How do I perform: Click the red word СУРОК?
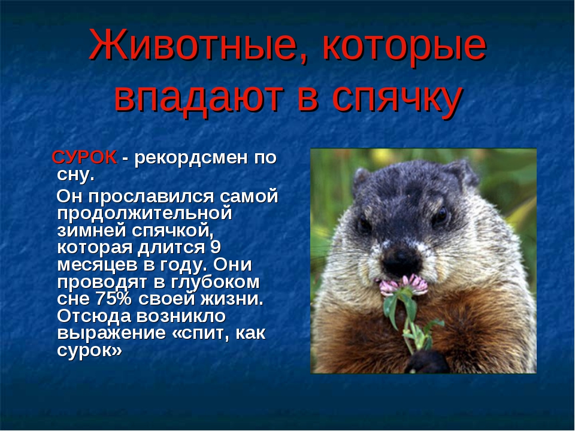pos(84,158)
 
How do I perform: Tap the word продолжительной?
pos(144,213)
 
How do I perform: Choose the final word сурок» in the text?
pos(90,350)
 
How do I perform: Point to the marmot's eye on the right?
pos(440,217)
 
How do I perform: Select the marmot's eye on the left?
pos(365,226)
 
